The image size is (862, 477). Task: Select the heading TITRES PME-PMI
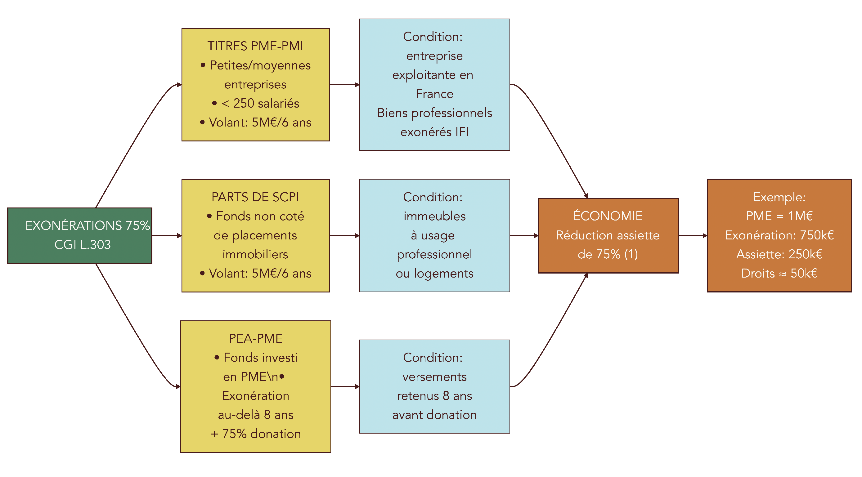(255, 46)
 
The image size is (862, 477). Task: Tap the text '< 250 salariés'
(260, 103)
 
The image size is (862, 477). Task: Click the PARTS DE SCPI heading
(255, 197)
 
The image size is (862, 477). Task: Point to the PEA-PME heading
(255, 338)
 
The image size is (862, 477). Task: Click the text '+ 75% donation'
(255, 434)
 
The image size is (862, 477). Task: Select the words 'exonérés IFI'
(434, 132)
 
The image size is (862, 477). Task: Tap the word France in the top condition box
(434, 94)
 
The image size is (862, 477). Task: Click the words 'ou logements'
(434, 274)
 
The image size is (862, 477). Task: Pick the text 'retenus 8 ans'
(434, 396)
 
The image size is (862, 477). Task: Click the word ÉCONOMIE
(608, 216)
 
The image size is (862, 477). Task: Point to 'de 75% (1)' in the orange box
(608, 255)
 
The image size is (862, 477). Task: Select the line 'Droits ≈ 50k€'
(779, 274)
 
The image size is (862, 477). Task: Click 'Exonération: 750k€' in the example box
(779, 235)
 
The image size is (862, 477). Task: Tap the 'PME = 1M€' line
(779, 216)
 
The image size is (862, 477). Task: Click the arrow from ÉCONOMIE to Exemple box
(693, 236)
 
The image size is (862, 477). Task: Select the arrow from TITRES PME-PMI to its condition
(344, 85)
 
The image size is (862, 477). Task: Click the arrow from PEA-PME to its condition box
(345, 387)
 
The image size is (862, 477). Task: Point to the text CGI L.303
(82, 245)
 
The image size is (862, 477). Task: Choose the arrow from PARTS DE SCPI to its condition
(344, 236)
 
